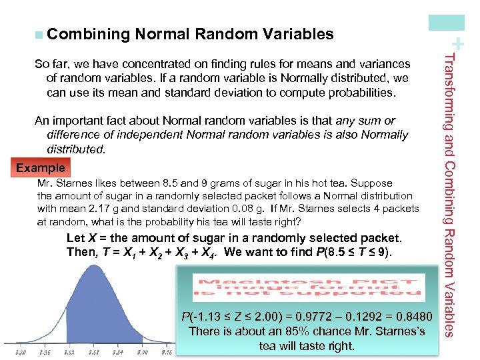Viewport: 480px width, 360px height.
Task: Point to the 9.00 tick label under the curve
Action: (x=141, y=351)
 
